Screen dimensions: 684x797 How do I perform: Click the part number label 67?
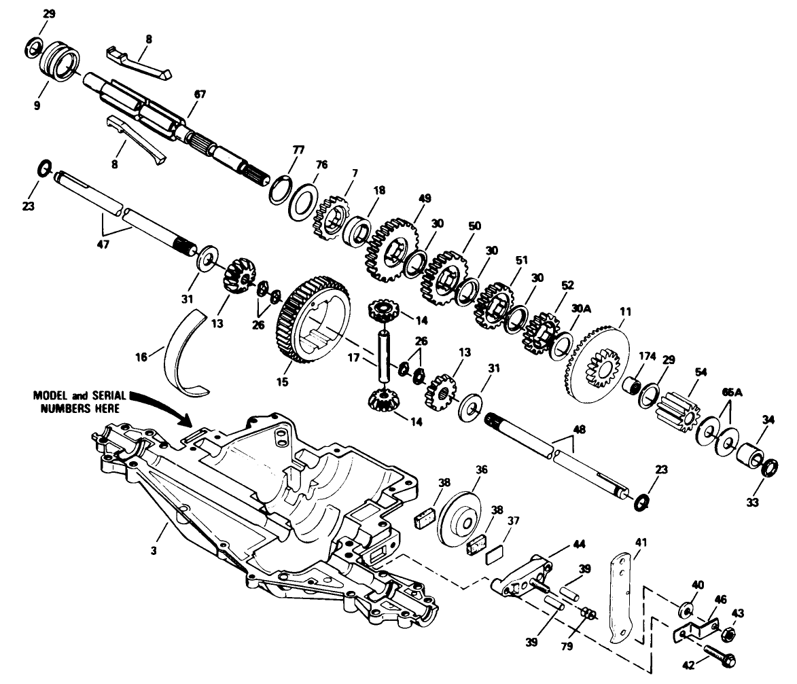[x=199, y=94]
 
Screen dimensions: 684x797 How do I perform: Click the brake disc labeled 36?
[x=459, y=518]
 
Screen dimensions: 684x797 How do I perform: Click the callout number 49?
[x=425, y=198]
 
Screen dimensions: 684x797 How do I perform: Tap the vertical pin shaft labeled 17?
[x=383, y=353]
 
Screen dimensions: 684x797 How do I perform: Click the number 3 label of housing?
[x=154, y=550]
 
